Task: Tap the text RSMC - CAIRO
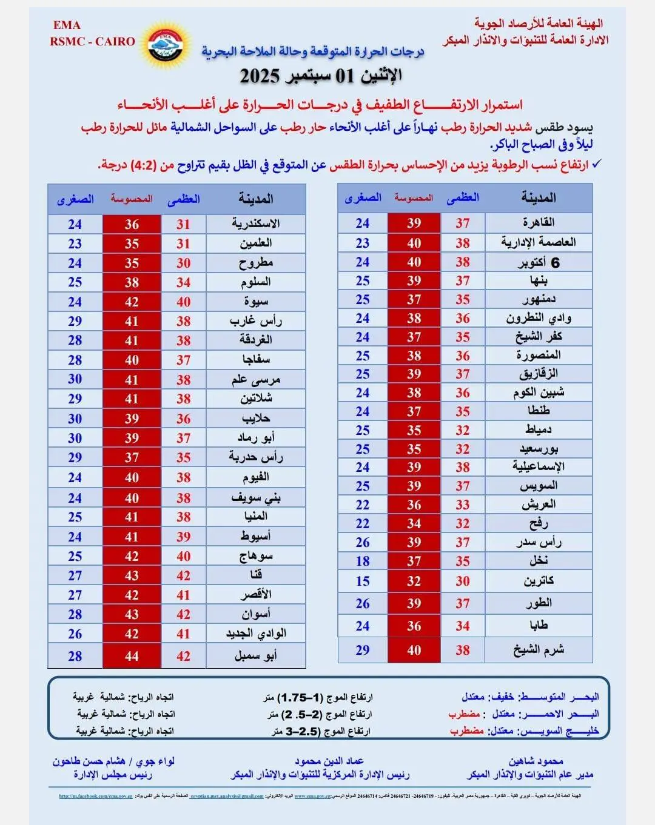93,42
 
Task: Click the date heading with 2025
321,76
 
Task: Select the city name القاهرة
538,223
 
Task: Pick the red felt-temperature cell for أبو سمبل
132,656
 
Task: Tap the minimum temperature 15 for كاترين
363,581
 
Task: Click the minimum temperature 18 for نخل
363,562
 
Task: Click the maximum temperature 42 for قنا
183,575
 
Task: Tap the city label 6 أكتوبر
539,262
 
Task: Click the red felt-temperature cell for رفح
414,523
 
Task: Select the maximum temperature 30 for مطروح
183,263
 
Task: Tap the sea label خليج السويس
565,731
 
